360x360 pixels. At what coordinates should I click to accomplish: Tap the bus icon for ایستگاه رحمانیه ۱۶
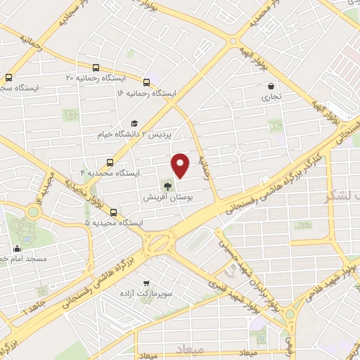pyautogui.click(x=146, y=82)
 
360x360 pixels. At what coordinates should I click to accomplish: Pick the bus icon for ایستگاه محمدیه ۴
pyautogui.click(x=109, y=162)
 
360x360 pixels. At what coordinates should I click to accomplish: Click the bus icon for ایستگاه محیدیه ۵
pyautogui.click(x=114, y=212)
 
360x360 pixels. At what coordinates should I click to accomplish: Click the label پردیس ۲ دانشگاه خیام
pyautogui.click(x=139, y=132)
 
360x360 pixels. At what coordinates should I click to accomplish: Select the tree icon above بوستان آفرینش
pyautogui.click(x=167, y=186)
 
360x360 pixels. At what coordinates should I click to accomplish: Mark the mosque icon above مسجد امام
pyautogui.click(x=16, y=248)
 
